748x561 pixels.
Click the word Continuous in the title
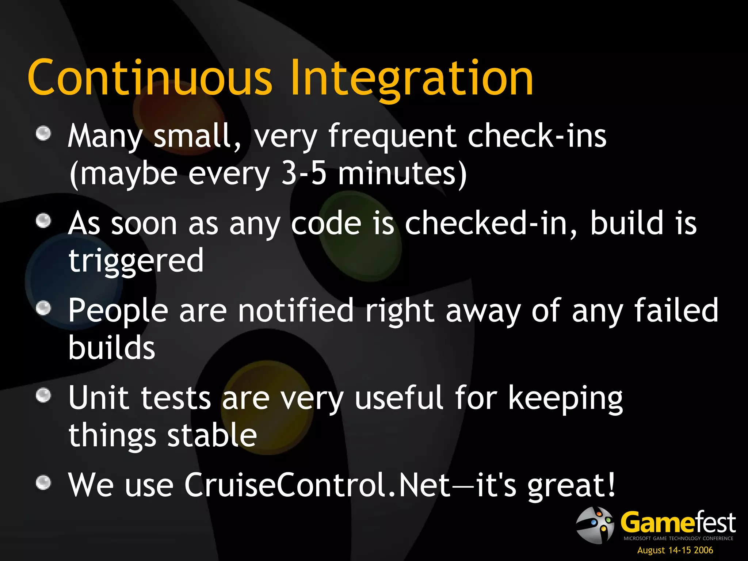(x=150, y=77)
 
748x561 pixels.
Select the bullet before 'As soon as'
(x=43, y=221)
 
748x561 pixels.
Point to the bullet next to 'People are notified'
(x=43, y=308)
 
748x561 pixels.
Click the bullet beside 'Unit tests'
(x=43, y=395)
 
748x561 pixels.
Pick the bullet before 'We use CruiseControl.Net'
(x=43, y=482)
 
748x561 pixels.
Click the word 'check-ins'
(x=537, y=136)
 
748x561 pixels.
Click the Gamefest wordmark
(x=678, y=523)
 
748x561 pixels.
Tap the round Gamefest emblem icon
(x=595, y=525)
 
